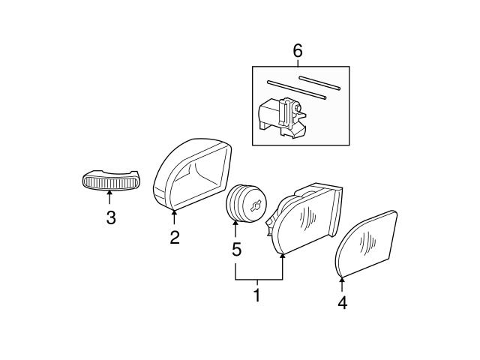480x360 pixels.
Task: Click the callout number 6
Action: coord(298,51)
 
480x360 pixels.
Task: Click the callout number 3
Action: coord(110,219)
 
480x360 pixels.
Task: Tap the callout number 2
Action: coord(174,238)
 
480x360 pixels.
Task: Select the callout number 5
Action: coord(236,250)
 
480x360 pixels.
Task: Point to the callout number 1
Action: coord(256,295)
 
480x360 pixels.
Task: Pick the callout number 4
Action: coord(343,304)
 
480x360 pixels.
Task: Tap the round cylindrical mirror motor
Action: coord(246,203)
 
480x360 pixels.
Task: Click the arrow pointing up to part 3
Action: coord(110,197)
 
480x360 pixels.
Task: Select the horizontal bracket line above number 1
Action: coord(259,279)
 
